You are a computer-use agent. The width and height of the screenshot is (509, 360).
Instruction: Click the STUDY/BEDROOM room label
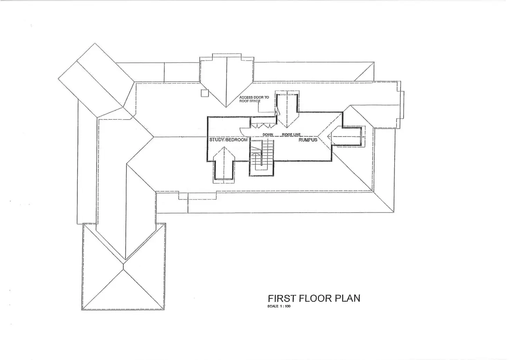(x=228, y=140)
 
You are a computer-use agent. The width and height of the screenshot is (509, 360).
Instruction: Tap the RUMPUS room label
(x=308, y=140)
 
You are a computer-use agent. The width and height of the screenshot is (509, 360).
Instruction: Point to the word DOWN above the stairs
(x=268, y=134)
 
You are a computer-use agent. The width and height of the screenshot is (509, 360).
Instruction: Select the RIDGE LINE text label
(x=291, y=134)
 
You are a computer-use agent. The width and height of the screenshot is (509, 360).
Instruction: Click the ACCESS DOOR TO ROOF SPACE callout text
(x=254, y=99)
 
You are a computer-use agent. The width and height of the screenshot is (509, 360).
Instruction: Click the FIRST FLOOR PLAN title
(x=314, y=298)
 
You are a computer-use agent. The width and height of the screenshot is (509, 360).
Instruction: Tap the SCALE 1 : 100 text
(x=279, y=306)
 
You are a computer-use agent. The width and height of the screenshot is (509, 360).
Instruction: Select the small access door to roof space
(x=277, y=111)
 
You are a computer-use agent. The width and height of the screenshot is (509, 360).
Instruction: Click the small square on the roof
(x=205, y=92)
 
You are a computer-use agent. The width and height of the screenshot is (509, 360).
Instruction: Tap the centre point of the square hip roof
(x=123, y=265)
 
